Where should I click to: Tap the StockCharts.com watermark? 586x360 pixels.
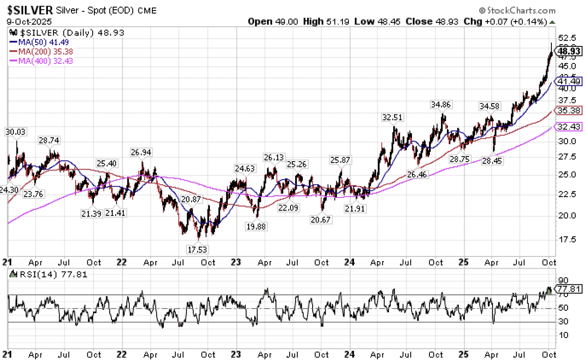(517, 10)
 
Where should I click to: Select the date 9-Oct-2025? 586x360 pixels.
(29, 21)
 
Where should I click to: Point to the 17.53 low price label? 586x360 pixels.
(197, 249)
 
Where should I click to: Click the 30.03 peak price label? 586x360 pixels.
(15, 132)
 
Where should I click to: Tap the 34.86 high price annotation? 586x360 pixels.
(441, 104)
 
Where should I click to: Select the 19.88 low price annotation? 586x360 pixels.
(255, 226)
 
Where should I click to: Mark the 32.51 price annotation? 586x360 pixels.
(392, 117)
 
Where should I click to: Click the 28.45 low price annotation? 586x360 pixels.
(492, 160)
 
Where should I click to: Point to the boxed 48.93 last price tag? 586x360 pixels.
(569, 51)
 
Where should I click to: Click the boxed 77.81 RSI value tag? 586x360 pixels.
(569, 289)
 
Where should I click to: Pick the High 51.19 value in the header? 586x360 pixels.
(326, 21)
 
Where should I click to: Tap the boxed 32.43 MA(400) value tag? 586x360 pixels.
(569, 127)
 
